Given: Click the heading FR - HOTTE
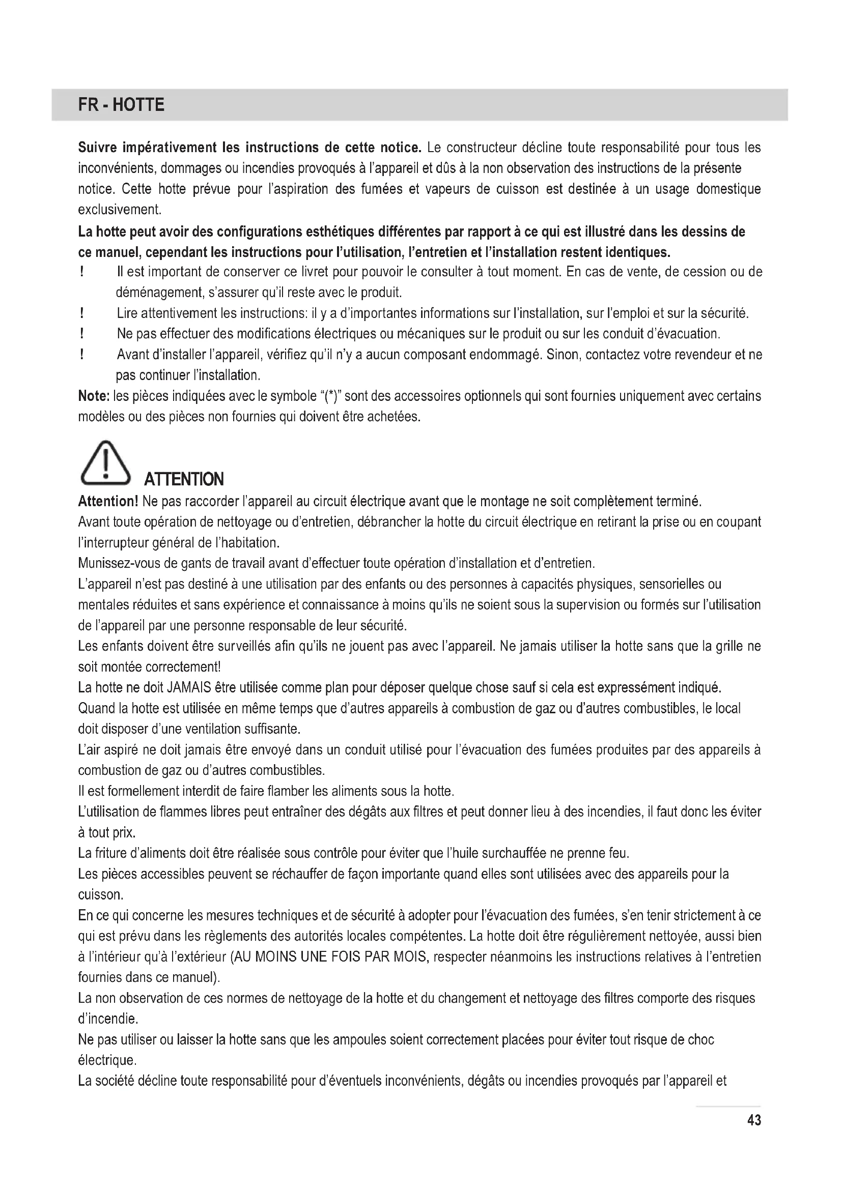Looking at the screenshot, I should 121,105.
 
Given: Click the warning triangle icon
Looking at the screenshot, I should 105,461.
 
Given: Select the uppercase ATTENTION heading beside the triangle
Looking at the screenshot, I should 184,479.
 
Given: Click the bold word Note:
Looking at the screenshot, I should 93,396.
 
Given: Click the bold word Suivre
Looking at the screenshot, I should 96,148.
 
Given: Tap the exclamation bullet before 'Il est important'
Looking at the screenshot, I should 82,272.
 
